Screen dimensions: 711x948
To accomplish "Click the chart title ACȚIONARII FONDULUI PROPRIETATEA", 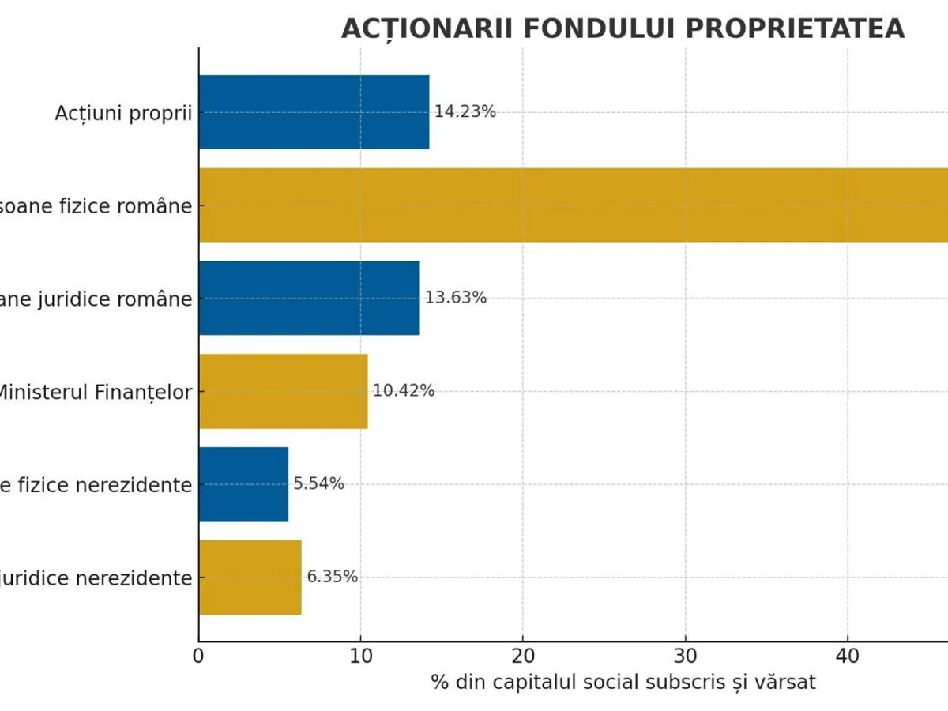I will (623, 28).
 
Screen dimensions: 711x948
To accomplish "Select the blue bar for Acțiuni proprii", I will (314, 112).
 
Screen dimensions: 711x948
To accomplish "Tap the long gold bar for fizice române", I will (573, 205).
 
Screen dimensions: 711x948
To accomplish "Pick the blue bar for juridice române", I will (309, 299).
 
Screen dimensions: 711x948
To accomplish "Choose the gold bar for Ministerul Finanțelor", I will (283, 391).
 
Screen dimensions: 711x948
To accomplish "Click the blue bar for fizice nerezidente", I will (243, 484).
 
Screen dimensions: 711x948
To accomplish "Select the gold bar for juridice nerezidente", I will (250, 577).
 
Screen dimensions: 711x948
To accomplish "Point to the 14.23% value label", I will (465, 112).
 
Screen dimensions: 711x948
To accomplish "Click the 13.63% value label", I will (456, 299).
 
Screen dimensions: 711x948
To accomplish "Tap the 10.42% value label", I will (404, 391).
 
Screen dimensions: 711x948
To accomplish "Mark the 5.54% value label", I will (319, 484).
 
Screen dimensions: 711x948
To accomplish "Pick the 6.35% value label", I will (333, 577).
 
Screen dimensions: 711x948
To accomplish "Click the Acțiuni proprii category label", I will (123, 113).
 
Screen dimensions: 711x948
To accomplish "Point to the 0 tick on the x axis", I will (198, 656).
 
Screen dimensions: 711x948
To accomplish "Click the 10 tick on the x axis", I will (361, 656).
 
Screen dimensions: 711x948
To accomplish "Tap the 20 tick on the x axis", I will (523, 656).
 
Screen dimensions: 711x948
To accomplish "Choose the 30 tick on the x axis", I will (685, 656).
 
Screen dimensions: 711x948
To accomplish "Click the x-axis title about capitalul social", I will (623, 683).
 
